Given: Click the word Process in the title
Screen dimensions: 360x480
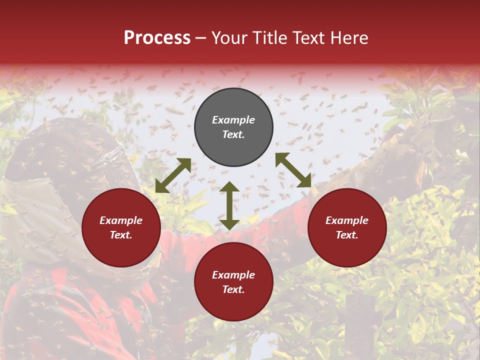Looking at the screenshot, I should point(157,38).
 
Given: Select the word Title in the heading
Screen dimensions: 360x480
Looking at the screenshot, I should point(269,38).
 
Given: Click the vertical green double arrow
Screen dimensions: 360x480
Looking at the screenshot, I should point(229,205).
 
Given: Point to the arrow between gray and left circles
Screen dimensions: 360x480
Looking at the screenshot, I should point(173,175).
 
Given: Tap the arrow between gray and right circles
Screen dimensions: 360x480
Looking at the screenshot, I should point(293,170).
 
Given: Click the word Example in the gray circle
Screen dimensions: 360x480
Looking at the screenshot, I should point(233,120).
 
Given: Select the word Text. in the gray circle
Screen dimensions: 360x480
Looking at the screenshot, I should point(233,134).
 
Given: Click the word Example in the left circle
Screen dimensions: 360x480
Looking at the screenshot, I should point(121,220).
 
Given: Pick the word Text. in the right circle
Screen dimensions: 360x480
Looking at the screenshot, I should point(347,235).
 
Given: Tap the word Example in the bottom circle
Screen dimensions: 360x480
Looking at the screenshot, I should point(233,275).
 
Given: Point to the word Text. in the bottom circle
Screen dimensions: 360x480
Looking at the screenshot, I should point(233,289).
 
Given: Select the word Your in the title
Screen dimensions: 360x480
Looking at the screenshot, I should point(228,38).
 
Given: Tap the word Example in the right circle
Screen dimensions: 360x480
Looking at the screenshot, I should point(347,220).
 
